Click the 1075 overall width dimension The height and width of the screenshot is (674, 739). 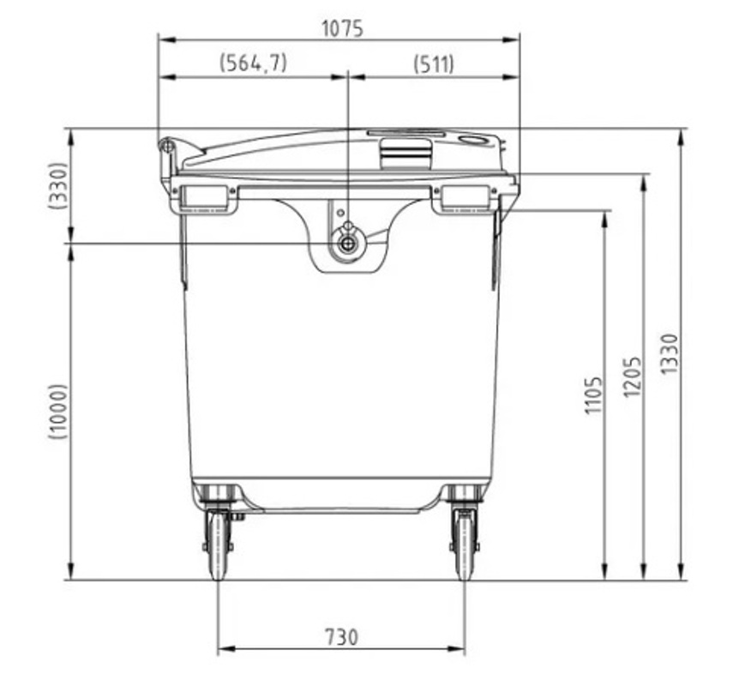click(342, 28)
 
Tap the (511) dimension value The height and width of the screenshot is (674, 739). click(434, 64)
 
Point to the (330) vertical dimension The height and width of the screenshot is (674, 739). click(57, 186)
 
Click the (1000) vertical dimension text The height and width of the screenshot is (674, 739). click(57, 412)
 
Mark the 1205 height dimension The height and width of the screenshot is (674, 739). click(632, 376)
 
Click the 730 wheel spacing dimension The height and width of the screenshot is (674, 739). click(341, 637)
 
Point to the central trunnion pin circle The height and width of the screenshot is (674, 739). click(347, 244)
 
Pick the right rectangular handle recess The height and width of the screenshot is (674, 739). click(466, 198)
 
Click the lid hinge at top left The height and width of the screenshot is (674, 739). click(167, 148)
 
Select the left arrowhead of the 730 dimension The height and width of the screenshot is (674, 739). click(224, 650)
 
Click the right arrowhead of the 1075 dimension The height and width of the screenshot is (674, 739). click(514, 39)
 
